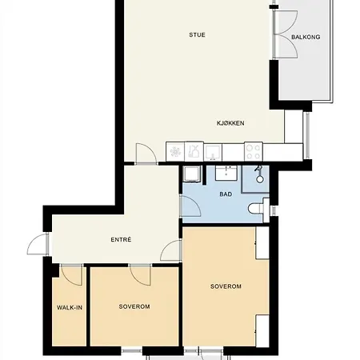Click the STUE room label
tap(197, 35)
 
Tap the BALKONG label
tap(306, 37)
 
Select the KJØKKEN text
tap(230, 123)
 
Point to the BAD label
tap(226, 194)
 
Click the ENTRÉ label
tap(121, 239)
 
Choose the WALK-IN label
tap(70, 307)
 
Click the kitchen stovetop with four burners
tap(254, 151)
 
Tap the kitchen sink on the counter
tap(213, 152)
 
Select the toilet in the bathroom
tap(256, 209)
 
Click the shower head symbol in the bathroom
tap(259, 174)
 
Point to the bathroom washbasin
tap(226, 173)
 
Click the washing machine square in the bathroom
tap(191, 174)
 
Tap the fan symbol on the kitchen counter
tap(175, 152)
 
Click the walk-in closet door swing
tap(71, 276)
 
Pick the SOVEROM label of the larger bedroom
tap(226, 286)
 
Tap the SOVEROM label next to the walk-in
tap(134, 306)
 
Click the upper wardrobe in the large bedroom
tap(262, 242)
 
